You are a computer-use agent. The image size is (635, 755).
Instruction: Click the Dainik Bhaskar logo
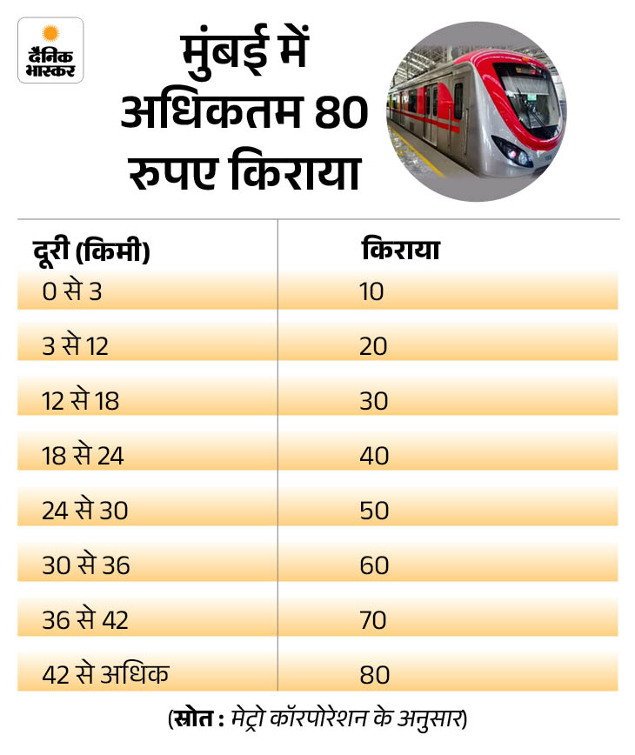tap(50, 50)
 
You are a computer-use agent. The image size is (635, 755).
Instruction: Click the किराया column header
tap(399, 251)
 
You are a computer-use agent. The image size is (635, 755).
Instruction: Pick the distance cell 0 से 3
tap(72, 291)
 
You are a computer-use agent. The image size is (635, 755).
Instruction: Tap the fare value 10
tap(371, 291)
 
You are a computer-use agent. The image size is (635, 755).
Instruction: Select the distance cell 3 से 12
tap(76, 346)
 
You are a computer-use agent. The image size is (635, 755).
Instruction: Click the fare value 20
tap(374, 346)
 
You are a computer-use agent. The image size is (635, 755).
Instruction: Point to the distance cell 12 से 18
tap(80, 401)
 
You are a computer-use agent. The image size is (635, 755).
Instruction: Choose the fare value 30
tap(374, 401)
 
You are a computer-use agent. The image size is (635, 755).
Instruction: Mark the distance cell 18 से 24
tap(83, 456)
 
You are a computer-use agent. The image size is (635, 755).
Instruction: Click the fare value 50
tap(374, 511)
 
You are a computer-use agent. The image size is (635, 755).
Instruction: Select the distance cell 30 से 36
tap(85, 565)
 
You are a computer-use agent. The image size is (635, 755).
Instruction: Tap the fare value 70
tap(374, 620)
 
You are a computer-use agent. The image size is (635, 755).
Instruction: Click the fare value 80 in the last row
tap(374, 675)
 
